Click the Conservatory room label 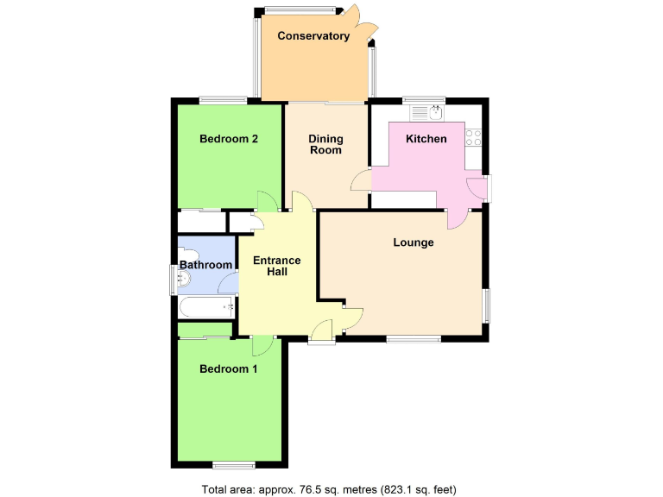313,36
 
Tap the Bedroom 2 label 229,139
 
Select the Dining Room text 325,144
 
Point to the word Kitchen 426,139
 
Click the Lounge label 414,242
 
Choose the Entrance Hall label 276,266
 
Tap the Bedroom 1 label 229,369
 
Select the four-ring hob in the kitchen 474,135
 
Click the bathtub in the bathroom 205,307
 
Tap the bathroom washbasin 182,280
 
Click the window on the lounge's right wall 487,305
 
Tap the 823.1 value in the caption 399,489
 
